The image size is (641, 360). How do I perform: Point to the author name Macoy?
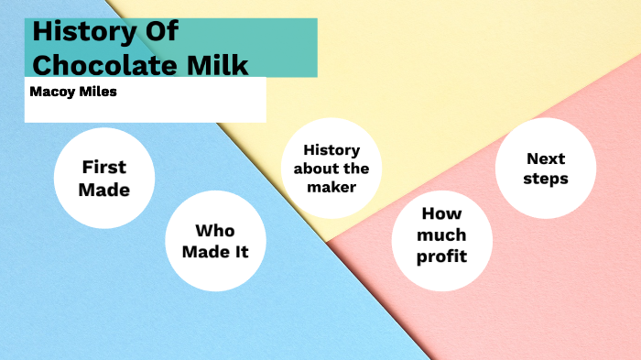[x=51, y=92]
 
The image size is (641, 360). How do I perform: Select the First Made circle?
[x=103, y=179]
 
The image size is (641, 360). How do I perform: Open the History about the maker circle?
[x=331, y=169]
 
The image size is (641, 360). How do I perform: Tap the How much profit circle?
[x=441, y=235]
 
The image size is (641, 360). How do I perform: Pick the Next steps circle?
[x=546, y=168]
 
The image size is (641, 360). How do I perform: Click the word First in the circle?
[x=103, y=168]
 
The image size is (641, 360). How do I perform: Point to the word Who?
[x=215, y=231]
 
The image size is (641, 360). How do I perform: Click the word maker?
[x=331, y=187]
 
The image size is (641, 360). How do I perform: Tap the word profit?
[x=441, y=256]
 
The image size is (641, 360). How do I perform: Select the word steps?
[x=546, y=178]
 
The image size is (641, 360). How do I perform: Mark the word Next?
[x=546, y=158]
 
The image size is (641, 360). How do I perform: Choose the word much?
[x=441, y=235]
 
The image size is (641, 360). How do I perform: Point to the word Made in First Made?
[x=103, y=191]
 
